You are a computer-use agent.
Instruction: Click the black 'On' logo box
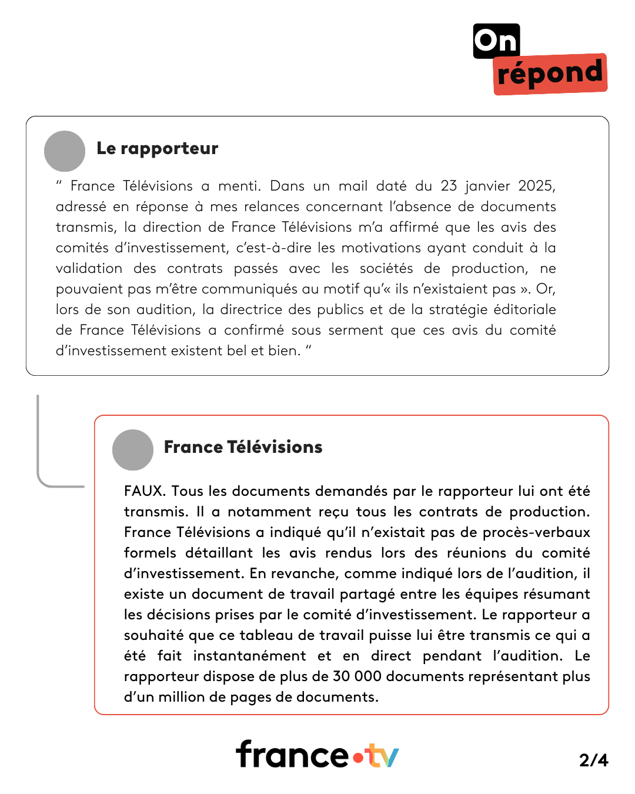coord(496,41)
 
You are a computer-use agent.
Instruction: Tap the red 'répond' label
coord(550,74)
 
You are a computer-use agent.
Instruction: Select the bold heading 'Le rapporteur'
coord(157,148)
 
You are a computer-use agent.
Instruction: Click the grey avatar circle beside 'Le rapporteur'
coord(65,151)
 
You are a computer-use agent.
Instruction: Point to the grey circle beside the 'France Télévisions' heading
coord(133,450)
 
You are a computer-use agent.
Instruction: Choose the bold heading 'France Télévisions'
coord(243,447)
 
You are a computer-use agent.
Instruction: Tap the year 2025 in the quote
coord(536,186)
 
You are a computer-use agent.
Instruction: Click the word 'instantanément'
coord(249,656)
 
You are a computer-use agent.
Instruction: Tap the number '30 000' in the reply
coord(357,676)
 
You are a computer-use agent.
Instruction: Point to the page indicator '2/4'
coord(593,760)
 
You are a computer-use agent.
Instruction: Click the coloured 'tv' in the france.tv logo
coord(382,756)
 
